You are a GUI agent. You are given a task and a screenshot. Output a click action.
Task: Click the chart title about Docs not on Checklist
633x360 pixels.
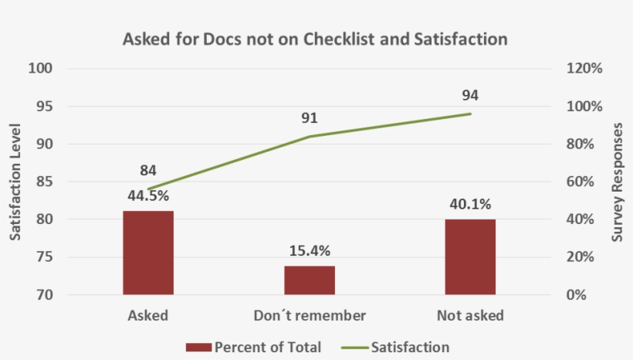(x=315, y=39)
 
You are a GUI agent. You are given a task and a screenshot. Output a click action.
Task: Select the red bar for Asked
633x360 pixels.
(x=148, y=253)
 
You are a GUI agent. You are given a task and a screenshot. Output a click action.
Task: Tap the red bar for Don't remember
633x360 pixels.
(x=309, y=280)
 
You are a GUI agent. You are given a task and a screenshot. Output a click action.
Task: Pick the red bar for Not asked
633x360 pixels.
(x=470, y=256)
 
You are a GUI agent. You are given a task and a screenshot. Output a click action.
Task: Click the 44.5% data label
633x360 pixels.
(x=148, y=195)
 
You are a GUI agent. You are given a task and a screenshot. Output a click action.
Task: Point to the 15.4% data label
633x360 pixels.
(x=309, y=250)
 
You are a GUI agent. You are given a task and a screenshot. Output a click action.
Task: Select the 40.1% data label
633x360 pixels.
(x=470, y=204)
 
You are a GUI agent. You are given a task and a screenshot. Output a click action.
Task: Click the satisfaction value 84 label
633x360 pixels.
(x=148, y=171)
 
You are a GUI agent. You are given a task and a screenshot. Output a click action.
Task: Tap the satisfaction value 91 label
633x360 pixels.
(x=309, y=118)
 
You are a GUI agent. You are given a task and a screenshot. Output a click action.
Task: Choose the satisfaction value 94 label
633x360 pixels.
(x=470, y=96)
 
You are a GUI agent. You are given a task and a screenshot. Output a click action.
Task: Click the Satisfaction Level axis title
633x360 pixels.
(x=15, y=182)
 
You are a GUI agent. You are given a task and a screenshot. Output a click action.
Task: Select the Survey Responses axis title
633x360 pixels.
(x=617, y=182)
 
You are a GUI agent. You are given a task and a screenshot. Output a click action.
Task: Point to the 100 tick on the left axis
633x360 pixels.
(x=39, y=69)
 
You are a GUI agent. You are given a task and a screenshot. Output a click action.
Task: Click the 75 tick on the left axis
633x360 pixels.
(x=42, y=257)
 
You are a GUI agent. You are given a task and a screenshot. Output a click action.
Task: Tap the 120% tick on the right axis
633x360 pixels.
(x=584, y=69)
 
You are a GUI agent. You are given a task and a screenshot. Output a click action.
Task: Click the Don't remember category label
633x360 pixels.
(x=309, y=315)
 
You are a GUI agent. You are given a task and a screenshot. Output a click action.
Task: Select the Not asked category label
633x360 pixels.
(x=470, y=315)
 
